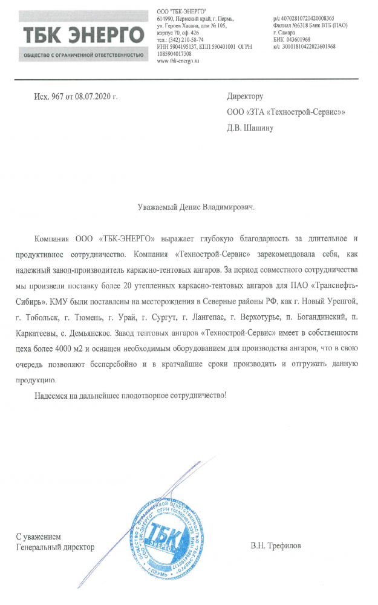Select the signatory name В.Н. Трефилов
tap(276, 546)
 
